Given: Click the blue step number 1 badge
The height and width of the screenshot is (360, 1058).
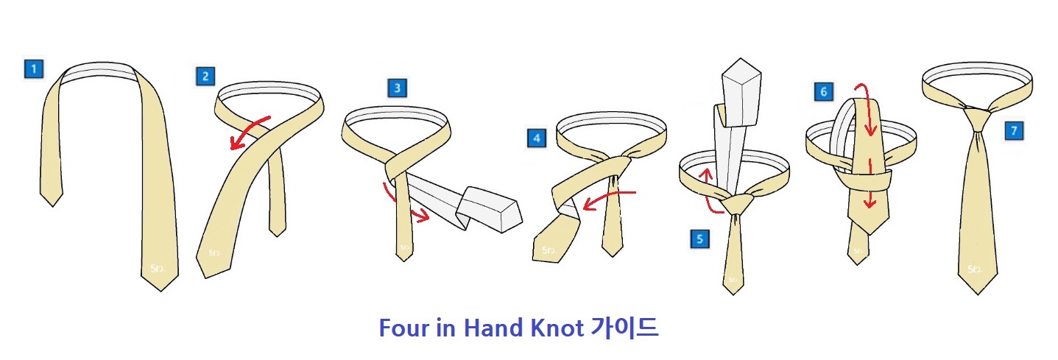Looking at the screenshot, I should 33,69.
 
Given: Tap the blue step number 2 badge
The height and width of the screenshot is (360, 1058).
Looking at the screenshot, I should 205,75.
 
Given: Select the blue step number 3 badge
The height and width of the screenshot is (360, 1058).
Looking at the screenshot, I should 397,88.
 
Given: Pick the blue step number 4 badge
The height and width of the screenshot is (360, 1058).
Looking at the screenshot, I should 537,138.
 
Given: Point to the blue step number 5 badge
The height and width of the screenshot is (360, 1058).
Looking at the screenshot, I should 699,239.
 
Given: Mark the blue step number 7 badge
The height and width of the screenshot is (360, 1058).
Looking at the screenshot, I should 1014,131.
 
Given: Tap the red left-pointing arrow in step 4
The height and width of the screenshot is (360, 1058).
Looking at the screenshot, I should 607,199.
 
